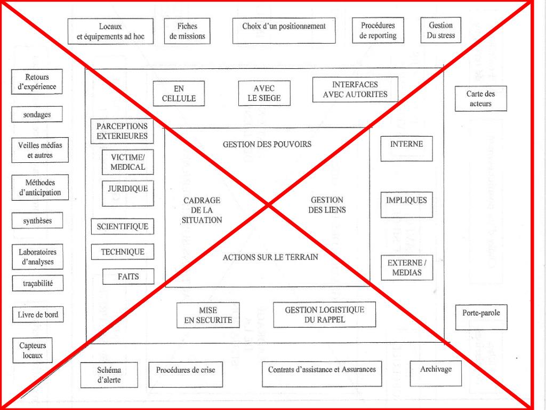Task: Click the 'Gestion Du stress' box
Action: tap(440, 31)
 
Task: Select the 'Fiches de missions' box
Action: tap(184, 31)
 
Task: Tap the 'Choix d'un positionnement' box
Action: tap(284, 31)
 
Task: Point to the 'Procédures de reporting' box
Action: tap(378, 31)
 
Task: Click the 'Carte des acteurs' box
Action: tap(480, 99)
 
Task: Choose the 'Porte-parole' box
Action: tap(481, 317)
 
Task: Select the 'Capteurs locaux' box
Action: tap(33, 350)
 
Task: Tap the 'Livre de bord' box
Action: tap(37, 315)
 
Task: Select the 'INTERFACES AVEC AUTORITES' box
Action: tap(355, 90)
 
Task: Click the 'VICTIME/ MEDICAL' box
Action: tap(127, 162)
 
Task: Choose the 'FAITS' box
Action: tap(129, 277)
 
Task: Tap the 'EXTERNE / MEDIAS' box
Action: tap(405, 268)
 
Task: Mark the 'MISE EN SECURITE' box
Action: tap(208, 316)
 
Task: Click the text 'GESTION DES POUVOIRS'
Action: tap(267, 144)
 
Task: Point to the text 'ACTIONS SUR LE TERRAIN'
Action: tap(270, 257)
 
